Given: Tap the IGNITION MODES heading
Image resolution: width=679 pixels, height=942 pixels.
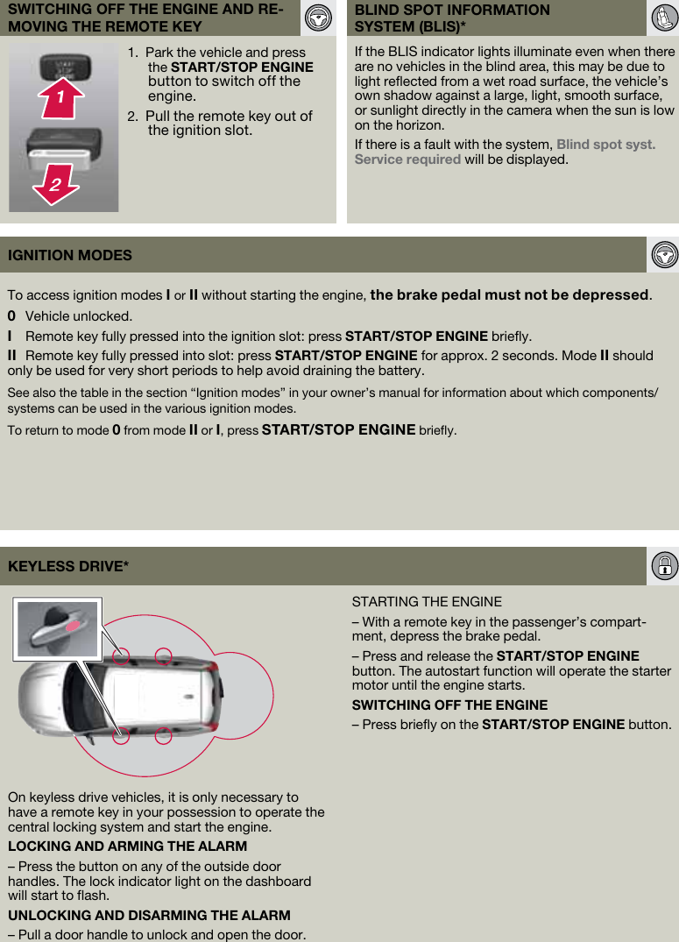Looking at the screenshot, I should pos(70,255).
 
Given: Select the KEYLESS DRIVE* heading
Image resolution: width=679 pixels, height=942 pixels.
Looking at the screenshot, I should pos(68,566).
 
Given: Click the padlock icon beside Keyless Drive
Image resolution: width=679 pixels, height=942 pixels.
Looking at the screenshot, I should pos(664,566).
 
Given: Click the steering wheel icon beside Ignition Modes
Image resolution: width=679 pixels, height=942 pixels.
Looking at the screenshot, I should pos(664,255).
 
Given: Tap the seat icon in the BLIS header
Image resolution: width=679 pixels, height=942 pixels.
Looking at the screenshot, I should pos(662,18).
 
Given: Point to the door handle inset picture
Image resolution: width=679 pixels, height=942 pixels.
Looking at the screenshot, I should pos(57,627).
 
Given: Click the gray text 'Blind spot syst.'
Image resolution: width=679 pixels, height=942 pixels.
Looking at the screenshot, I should pos(605,145).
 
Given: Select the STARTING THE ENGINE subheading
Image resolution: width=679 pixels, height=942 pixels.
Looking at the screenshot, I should pos(427,602).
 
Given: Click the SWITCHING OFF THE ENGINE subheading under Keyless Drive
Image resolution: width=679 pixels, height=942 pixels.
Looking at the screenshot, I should pos(449,705).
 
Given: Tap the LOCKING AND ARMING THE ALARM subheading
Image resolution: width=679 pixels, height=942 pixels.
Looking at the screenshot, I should pos(127,846).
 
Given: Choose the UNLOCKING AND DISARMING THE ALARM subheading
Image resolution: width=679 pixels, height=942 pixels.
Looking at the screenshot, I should pos(149,915).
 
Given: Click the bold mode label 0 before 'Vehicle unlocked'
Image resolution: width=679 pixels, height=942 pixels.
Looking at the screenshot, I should pos(11,316).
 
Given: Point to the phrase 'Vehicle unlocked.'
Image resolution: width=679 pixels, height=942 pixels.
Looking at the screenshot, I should pos(79,316).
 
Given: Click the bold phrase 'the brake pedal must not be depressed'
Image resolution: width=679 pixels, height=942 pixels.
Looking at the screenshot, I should pos(509,295).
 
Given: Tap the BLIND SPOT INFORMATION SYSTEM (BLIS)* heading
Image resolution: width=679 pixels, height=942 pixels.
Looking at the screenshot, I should pos(452,18).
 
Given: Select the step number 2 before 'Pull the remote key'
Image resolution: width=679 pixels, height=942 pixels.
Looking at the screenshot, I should pos(131,117).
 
